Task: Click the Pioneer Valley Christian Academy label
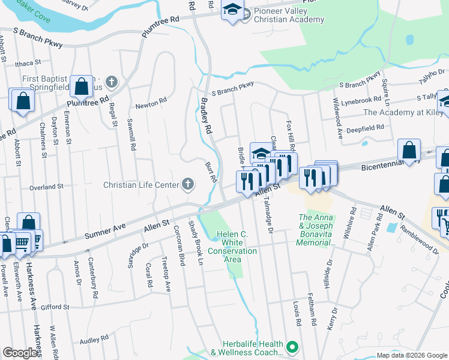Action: coord(289,15)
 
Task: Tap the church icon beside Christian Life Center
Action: coord(188,185)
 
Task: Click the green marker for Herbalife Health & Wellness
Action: coord(292,347)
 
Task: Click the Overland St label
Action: coord(46,187)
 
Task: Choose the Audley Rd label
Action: coord(94,340)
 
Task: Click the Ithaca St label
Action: coord(28,62)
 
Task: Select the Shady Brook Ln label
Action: coord(197,243)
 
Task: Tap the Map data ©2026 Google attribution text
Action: coord(412,355)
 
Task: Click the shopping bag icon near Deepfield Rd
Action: coord(409,150)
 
